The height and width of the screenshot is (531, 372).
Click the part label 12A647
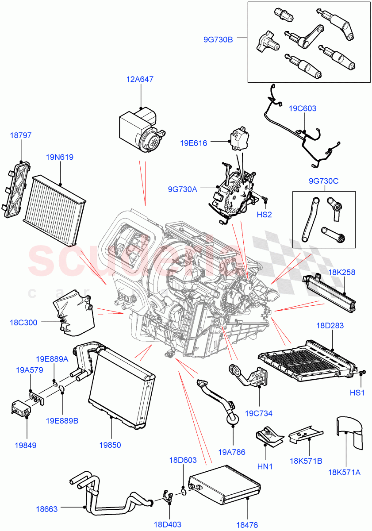(141, 80)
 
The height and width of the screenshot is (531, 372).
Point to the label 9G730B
(218, 39)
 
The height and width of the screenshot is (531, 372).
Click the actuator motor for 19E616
(239, 138)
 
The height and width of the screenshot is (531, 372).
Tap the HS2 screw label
(265, 214)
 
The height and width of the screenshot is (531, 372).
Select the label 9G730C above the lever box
(324, 181)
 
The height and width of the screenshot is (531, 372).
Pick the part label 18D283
(330, 326)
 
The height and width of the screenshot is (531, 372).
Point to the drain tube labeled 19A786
(219, 396)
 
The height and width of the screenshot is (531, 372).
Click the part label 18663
(47, 509)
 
